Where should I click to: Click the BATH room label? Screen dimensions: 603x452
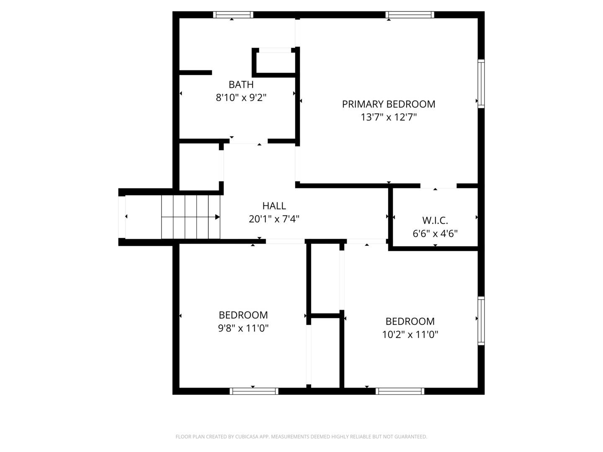pos(241,85)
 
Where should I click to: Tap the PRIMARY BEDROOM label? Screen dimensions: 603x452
pos(389,104)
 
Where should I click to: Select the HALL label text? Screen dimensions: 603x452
pos(274,206)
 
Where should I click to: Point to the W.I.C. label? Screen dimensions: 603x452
pos(435,221)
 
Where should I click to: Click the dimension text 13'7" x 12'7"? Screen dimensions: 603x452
pos(389,118)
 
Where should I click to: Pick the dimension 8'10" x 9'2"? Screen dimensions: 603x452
pos(241,98)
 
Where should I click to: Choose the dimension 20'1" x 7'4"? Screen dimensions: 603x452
pos(274,219)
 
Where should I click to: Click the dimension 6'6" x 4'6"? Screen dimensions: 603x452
pos(435,234)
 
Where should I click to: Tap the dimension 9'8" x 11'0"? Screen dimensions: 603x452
pos(243,328)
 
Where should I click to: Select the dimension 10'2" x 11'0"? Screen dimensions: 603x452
pos(410,334)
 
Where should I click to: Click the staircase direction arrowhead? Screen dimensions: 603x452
pos(217,217)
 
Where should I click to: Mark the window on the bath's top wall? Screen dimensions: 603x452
pos(233,15)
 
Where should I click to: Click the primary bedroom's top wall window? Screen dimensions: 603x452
pos(410,15)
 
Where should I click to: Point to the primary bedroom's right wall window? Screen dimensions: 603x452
pos(481,84)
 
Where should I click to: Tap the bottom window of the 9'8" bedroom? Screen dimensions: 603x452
pos(254,391)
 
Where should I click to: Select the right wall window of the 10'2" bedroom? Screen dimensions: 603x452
pos(481,321)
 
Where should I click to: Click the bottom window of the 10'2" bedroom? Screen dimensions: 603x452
pos(400,391)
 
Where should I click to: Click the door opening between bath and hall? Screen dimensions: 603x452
pos(249,141)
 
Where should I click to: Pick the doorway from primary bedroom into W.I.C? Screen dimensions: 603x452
pos(438,186)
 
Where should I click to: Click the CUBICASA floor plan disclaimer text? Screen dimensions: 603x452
pos(301,437)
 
